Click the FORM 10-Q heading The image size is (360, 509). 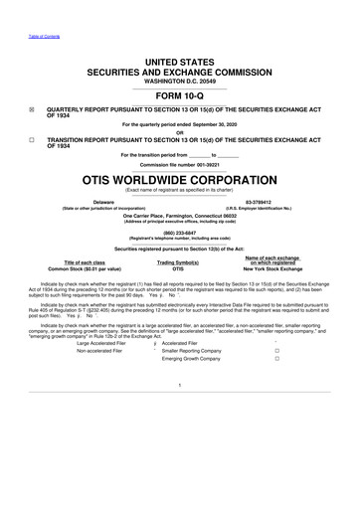(x=179, y=97)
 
